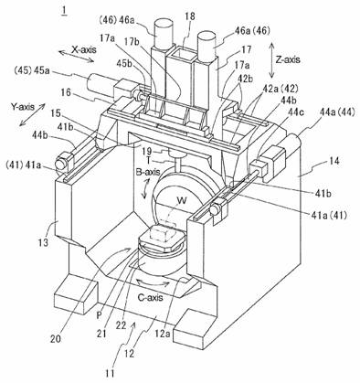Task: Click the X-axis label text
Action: pos(84,49)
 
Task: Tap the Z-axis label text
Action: pos(288,59)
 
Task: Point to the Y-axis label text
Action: pos(23,107)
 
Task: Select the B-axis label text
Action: pos(148,172)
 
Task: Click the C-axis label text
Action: pos(150,297)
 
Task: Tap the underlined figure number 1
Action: pos(64,11)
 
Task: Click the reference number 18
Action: pos(189,16)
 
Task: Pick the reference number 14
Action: pos(334,161)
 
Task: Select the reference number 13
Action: pos(44,243)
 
